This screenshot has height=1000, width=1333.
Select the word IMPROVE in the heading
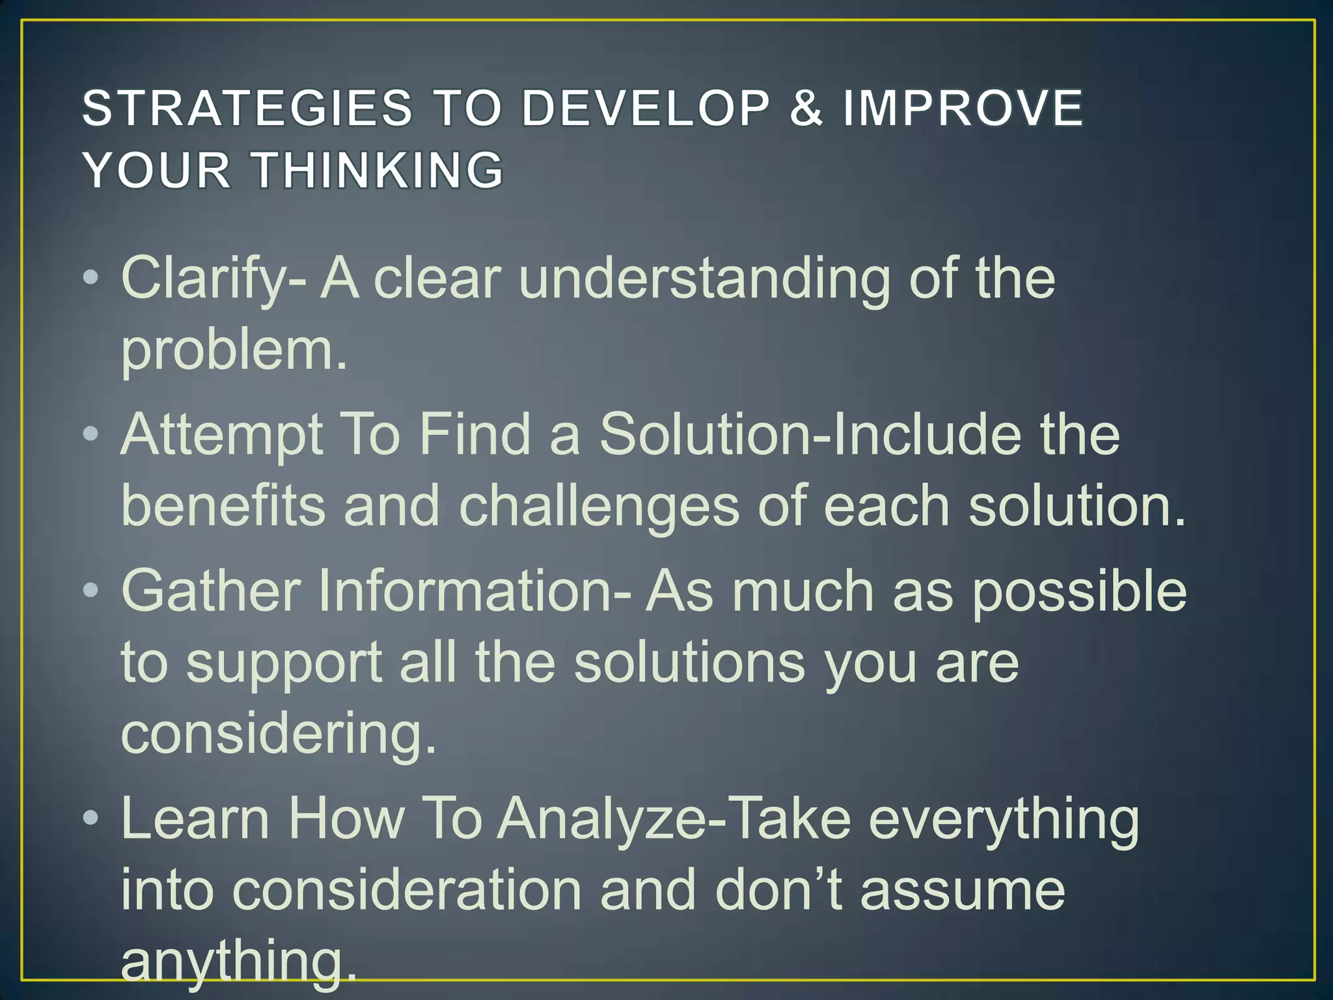click(963, 108)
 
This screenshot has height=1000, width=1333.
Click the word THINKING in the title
click(378, 170)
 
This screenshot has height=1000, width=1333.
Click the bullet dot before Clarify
click(91, 279)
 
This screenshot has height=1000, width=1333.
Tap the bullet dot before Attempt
click(91, 434)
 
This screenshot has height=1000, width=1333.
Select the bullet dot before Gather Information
click(91, 590)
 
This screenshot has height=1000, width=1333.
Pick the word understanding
click(704, 279)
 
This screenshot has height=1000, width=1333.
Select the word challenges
click(599, 507)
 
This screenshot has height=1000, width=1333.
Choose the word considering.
click(278, 734)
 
